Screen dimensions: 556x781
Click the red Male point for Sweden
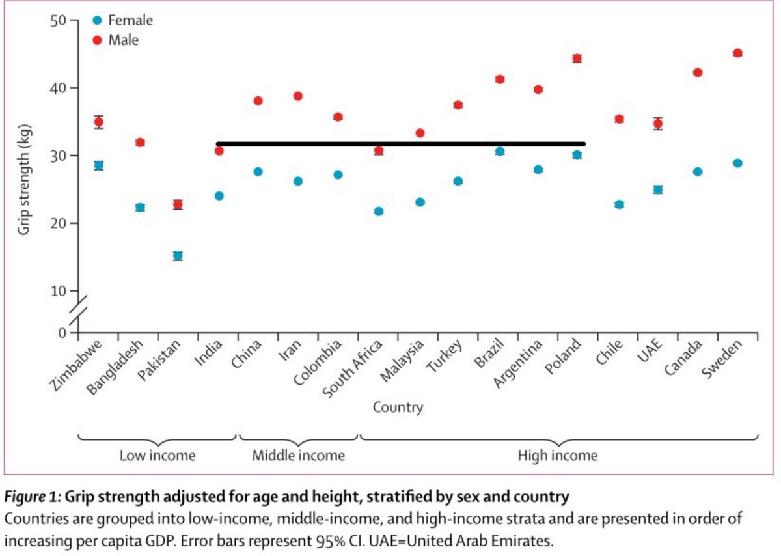click(x=737, y=53)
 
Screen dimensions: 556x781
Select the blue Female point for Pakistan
click(x=178, y=256)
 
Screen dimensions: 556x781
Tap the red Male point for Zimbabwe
click(x=98, y=122)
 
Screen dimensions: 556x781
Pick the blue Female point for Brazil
click(x=500, y=151)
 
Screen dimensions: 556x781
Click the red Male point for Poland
click(x=577, y=59)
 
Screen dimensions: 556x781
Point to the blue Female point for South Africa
click(x=379, y=212)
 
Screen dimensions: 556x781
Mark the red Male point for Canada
click(x=698, y=72)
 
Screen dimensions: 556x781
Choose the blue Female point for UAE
click(x=658, y=189)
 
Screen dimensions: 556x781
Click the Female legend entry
click(x=130, y=21)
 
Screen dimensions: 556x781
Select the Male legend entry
click(x=123, y=40)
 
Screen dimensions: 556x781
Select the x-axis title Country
click(x=398, y=408)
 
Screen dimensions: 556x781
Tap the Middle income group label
click(x=298, y=456)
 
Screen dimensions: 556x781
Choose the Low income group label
click(x=157, y=456)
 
